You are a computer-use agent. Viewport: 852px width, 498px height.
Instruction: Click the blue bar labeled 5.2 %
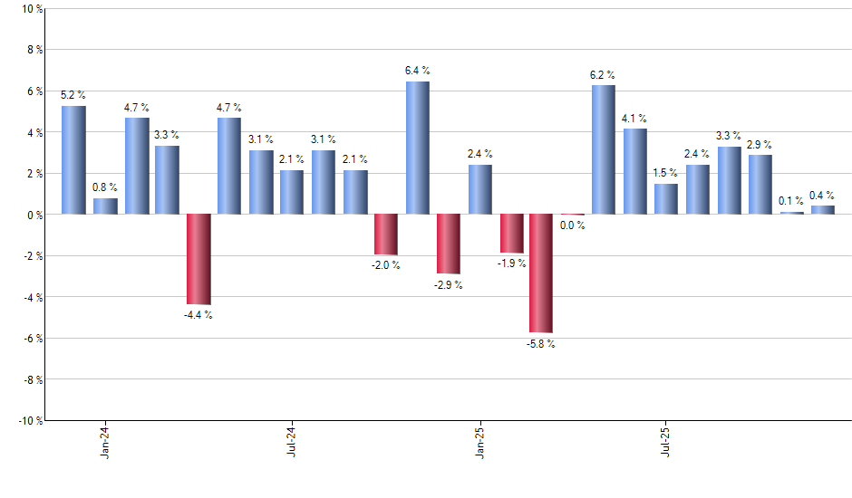tap(73, 160)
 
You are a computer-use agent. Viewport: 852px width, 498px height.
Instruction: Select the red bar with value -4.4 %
tap(198, 259)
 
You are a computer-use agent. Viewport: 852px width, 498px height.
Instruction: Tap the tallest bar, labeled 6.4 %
tap(417, 148)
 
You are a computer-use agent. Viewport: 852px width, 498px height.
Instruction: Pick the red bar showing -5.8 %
tap(541, 273)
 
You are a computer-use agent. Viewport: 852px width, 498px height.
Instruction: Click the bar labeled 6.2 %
tap(604, 149)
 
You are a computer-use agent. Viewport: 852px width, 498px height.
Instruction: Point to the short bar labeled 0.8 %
tap(105, 206)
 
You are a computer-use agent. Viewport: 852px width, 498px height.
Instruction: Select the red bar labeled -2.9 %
tap(448, 244)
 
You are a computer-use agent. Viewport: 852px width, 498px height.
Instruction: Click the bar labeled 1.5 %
tap(666, 199)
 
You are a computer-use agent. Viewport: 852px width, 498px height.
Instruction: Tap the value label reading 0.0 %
tap(572, 225)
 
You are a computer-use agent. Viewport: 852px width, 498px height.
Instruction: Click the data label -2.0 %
tap(385, 265)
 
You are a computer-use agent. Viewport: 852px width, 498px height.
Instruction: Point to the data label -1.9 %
tap(510, 263)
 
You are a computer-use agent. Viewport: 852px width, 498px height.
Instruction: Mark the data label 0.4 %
tap(822, 195)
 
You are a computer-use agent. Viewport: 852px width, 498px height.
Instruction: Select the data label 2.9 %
tap(760, 144)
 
